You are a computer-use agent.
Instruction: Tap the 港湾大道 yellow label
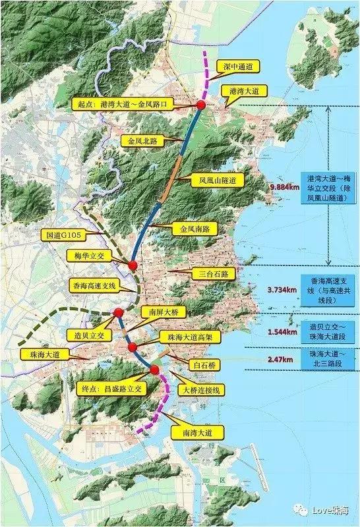(x=243, y=91)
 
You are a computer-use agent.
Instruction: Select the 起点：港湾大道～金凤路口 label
(x=125, y=104)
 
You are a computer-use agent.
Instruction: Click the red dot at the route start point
(x=201, y=105)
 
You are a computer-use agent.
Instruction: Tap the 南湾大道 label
(x=196, y=432)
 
